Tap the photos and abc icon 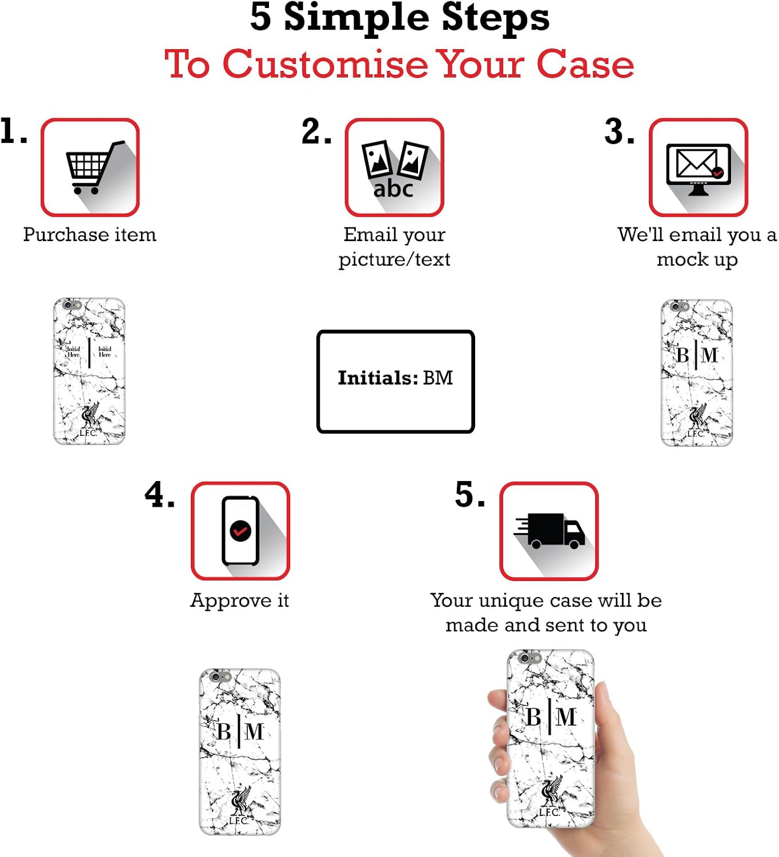(x=394, y=168)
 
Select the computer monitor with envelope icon (x=698, y=168)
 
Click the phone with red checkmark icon (x=240, y=531)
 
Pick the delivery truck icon (x=549, y=531)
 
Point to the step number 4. (x=159, y=495)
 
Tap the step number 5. (x=469, y=495)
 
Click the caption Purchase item (x=90, y=235)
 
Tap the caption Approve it (x=240, y=600)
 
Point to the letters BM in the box (x=438, y=378)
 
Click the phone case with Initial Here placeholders (x=89, y=371)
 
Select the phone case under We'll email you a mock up (x=697, y=373)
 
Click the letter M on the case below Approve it (x=254, y=731)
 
